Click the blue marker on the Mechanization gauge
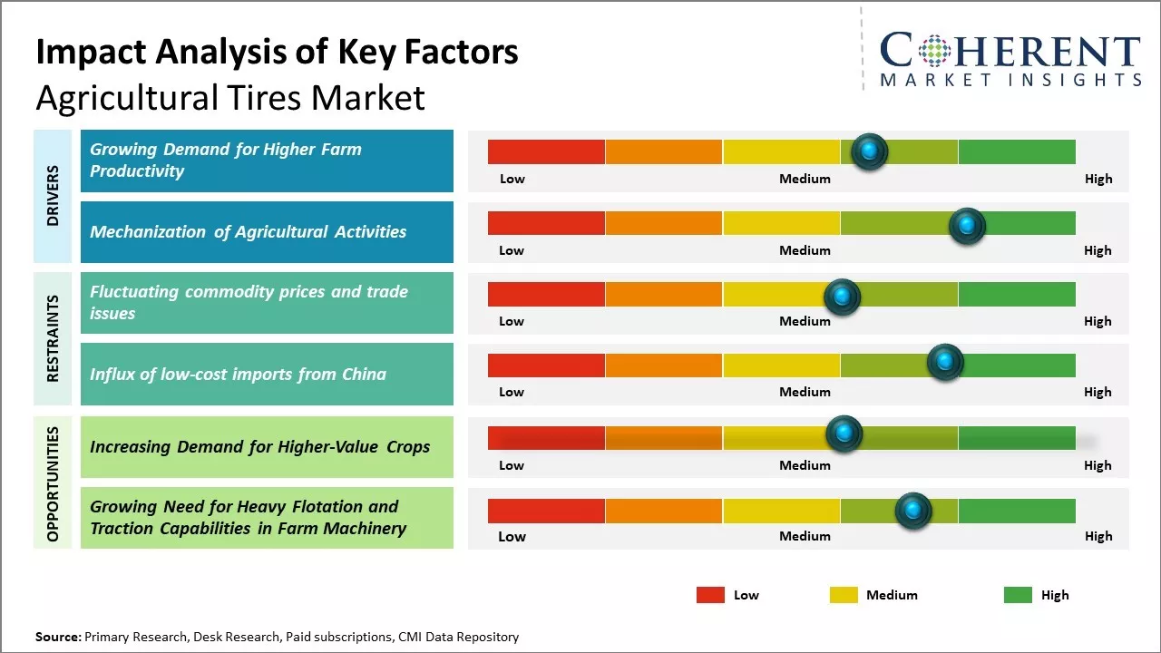pyautogui.click(x=967, y=224)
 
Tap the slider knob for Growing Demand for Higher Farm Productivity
pyautogui.click(x=870, y=151)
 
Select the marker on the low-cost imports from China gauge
pyautogui.click(x=945, y=363)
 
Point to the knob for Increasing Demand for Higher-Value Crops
pyautogui.click(x=844, y=434)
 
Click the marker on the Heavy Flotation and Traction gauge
pyautogui.click(x=913, y=511)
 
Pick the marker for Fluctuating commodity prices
pyautogui.click(x=842, y=296)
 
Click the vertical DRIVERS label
pyautogui.click(x=53, y=195)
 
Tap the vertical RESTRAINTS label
pyautogui.click(x=53, y=337)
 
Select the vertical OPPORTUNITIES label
pyautogui.click(x=53, y=483)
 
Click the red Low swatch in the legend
pyautogui.click(x=710, y=595)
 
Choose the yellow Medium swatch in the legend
pyautogui.click(x=844, y=595)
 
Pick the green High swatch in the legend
pyautogui.click(x=1018, y=595)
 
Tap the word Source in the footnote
pyautogui.click(x=57, y=637)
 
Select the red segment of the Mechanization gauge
pyautogui.click(x=546, y=223)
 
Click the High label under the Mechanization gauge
pyautogui.click(x=1098, y=250)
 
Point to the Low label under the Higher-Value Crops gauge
pyautogui.click(x=512, y=465)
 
